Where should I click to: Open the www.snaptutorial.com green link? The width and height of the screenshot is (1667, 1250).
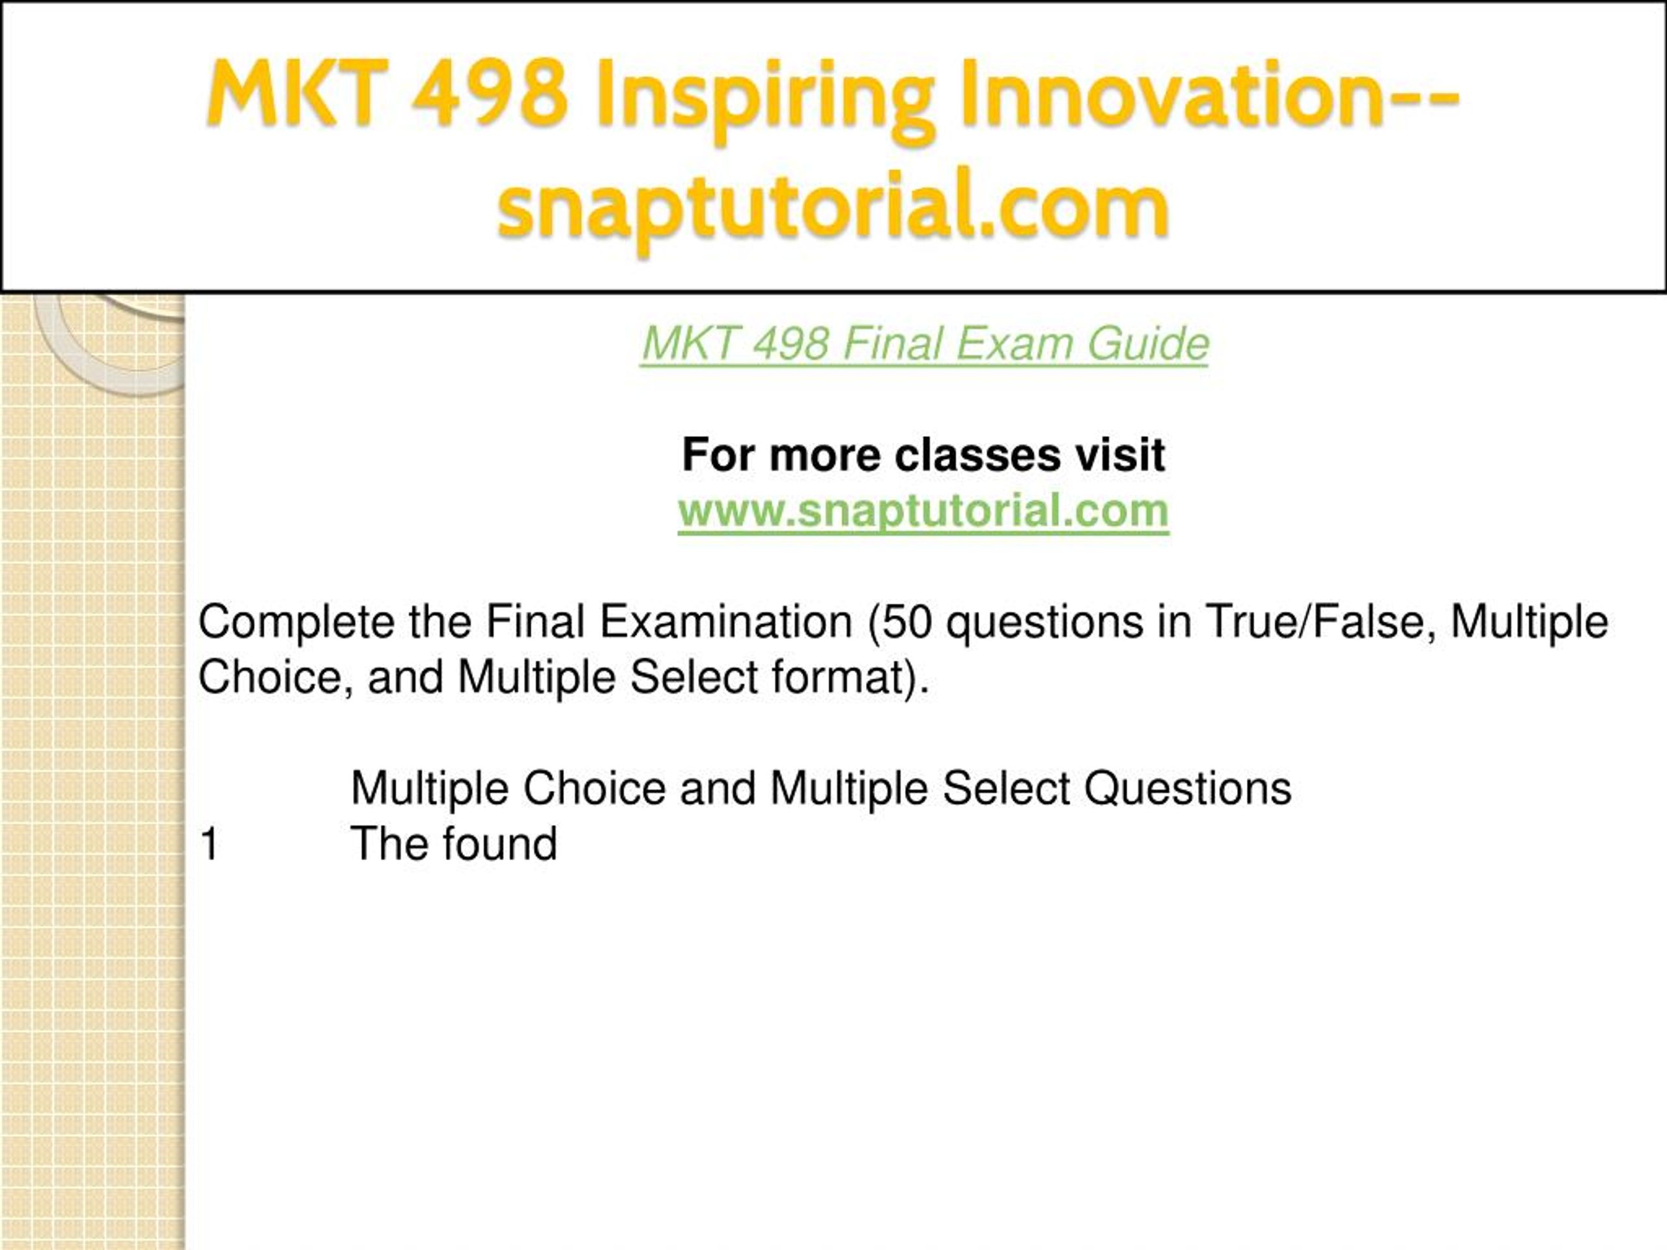(923, 511)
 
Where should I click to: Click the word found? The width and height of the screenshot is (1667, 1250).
(499, 844)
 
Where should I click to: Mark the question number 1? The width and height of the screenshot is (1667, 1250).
(210, 844)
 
